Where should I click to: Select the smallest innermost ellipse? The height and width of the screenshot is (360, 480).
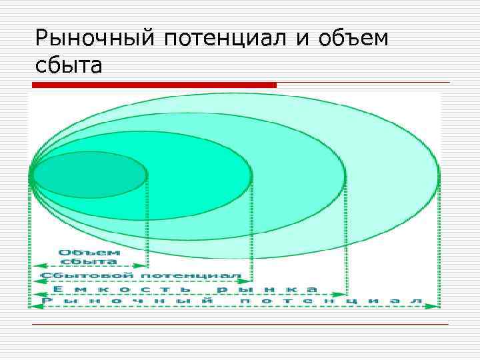90,175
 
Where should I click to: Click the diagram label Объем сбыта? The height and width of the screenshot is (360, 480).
89,257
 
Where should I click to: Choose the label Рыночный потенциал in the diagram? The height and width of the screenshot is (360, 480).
233,301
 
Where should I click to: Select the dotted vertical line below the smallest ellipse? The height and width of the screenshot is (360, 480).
147,220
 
